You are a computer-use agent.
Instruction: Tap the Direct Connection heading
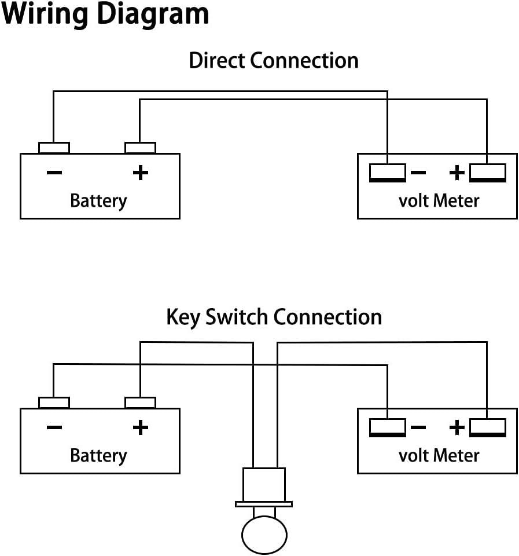point(274,60)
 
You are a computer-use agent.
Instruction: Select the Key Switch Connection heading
point(274,317)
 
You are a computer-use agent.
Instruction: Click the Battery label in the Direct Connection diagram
point(98,201)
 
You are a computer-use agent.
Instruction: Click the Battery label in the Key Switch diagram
point(98,456)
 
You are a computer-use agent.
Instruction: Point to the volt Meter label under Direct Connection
point(439,201)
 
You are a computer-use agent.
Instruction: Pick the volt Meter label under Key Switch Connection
point(439,456)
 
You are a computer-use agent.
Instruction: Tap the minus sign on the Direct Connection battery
point(54,173)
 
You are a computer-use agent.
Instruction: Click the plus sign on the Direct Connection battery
point(140,173)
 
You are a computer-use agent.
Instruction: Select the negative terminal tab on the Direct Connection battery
point(54,148)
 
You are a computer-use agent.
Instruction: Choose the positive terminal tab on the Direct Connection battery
point(140,148)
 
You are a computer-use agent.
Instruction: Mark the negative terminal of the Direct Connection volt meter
point(388,173)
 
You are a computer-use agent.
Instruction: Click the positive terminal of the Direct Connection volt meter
point(488,173)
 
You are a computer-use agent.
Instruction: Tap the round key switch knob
point(264,535)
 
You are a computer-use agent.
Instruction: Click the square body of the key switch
point(264,485)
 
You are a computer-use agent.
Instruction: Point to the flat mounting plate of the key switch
point(264,504)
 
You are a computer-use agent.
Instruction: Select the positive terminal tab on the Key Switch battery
point(140,403)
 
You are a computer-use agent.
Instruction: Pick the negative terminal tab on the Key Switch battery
point(54,403)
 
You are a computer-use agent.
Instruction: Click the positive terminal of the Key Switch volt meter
point(488,427)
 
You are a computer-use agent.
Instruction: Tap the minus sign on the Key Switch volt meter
point(418,427)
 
